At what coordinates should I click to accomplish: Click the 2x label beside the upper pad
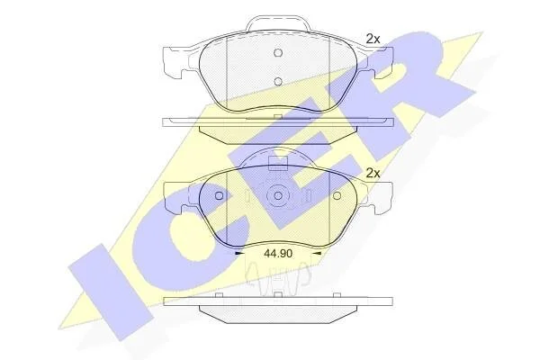[373, 40]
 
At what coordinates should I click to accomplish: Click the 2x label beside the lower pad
[373, 173]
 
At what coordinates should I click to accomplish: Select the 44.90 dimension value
[278, 254]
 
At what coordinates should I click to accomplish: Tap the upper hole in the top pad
[278, 53]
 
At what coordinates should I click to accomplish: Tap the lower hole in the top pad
[278, 82]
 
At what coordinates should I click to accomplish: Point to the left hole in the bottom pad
[219, 196]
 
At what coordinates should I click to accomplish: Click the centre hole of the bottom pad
[278, 196]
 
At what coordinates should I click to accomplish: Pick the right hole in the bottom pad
[337, 196]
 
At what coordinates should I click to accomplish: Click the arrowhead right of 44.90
[317, 254]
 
